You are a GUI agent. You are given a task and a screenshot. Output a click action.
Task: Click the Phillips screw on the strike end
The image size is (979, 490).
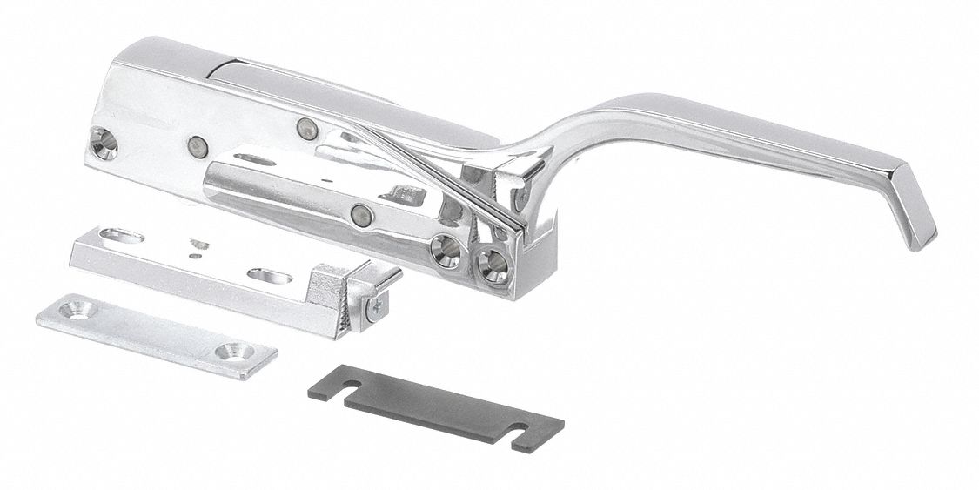(377, 307)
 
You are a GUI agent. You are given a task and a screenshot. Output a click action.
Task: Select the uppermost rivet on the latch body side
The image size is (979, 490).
(304, 127)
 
